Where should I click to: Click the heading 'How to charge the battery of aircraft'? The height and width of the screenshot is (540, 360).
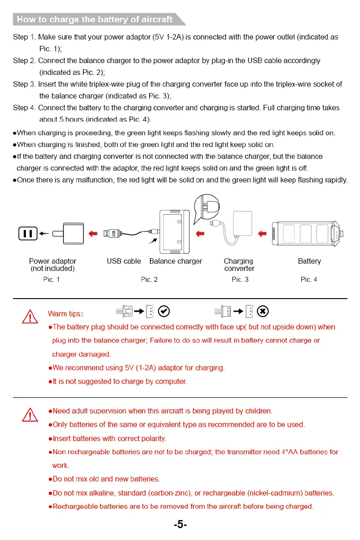tap(94, 19)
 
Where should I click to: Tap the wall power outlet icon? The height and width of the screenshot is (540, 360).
tap(27, 234)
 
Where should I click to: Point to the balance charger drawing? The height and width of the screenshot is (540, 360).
tap(175, 231)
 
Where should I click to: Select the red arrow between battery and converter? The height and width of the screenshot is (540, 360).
tap(262, 233)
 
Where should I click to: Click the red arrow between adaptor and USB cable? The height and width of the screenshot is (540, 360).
tap(93, 233)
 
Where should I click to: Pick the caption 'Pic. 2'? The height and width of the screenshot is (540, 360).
tap(149, 280)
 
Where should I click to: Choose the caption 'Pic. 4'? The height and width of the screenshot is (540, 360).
tap(309, 280)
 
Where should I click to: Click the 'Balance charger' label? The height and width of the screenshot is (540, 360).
tap(175, 261)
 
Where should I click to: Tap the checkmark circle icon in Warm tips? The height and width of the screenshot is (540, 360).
tap(165, 311)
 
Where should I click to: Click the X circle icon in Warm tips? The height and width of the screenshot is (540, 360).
tap(263, 311)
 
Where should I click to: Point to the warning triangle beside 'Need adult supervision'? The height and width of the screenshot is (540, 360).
tap(30, 414)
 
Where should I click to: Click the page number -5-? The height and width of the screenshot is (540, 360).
tap(180, 525)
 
